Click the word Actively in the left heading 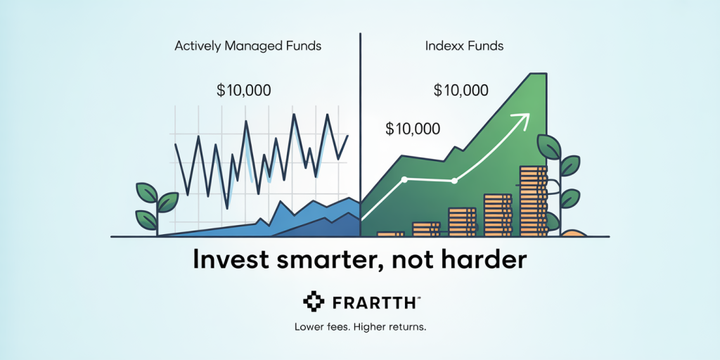[193, 46]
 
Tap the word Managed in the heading [240, 47]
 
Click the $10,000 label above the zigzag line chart [243, 91]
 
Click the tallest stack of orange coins [533, 201]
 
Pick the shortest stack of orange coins [390, 233]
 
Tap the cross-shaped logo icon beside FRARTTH [314, 301]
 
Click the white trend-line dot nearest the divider [404, 179]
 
